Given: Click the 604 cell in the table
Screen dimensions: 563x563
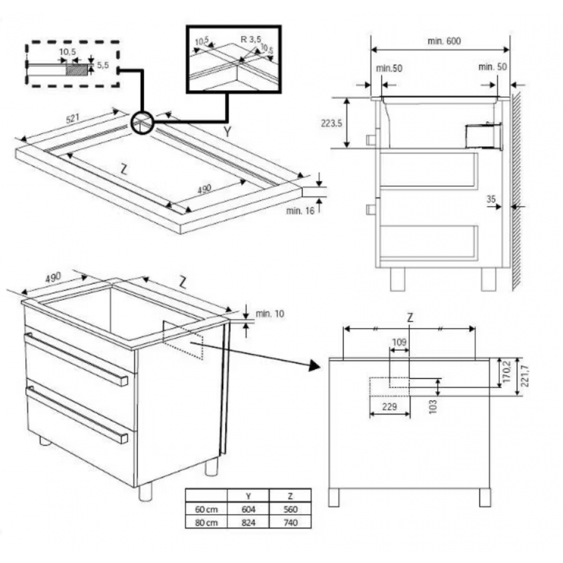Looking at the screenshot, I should tap(248, 510).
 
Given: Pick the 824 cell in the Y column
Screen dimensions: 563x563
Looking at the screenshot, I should tap(248, 522).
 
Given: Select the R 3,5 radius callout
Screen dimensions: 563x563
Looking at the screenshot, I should tap(251, 39).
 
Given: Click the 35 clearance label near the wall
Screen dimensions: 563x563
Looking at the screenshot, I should tap(491, 199).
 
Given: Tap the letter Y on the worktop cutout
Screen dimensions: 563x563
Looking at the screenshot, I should tap(227, 132).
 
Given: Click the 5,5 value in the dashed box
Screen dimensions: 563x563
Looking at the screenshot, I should tap(102, 65).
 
